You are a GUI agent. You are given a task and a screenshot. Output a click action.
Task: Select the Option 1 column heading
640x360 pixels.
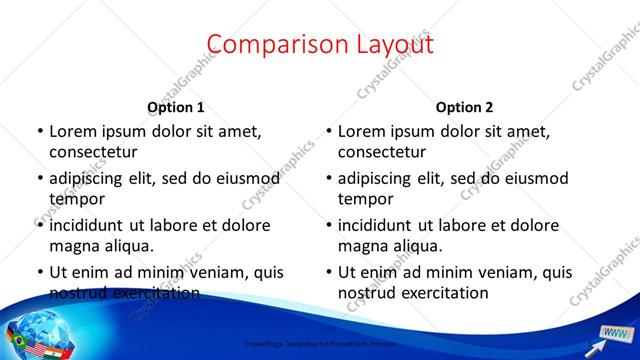click(176, 107)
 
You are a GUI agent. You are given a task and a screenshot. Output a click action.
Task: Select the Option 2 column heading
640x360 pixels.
click(465, 107)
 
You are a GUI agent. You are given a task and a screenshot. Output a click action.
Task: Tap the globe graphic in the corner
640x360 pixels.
click(30, 331)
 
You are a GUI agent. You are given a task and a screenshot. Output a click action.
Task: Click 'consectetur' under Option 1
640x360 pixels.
click(93, 152)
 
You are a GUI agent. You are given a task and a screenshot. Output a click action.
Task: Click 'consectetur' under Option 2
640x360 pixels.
click(382, 152)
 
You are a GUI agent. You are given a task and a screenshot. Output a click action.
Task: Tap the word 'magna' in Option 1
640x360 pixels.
click(73, 245)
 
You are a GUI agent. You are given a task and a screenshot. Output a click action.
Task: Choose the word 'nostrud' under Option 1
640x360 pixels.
click(79, 293)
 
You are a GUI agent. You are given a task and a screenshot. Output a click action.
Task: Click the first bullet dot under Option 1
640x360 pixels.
click(39, 131)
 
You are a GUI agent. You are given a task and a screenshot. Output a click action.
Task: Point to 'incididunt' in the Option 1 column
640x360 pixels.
click(90, 225)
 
